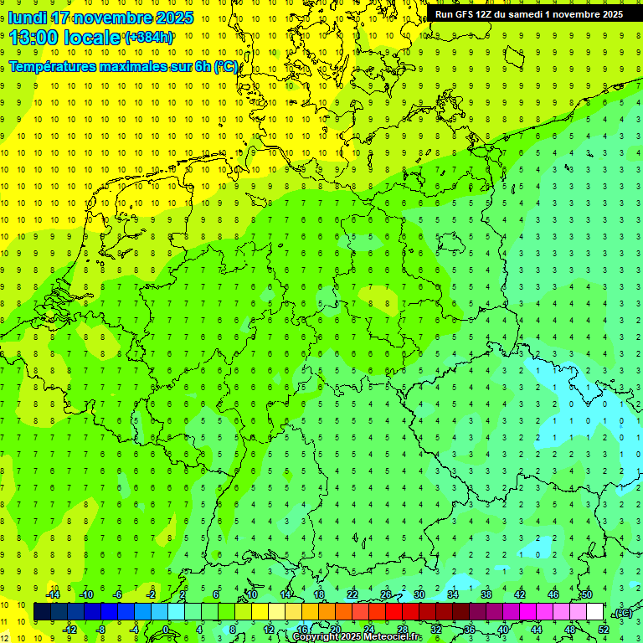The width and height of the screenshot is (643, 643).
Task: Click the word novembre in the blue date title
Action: point(116,18)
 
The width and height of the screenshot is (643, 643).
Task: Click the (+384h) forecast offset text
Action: point(149,38)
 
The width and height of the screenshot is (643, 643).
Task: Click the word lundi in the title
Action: point(28,18)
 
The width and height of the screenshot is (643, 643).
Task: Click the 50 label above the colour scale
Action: point(587,594)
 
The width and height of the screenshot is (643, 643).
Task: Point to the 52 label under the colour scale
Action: point(604,630)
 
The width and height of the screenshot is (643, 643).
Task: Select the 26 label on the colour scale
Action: point(386,594)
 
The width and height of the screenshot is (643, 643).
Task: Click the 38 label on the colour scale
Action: point(486,594)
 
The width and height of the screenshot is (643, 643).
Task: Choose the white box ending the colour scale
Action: point(595,612)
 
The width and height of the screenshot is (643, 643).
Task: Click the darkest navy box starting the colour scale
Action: point(43,612)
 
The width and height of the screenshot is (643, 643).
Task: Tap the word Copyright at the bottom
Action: point(314,637)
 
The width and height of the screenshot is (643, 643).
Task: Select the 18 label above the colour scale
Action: point(319,594)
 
